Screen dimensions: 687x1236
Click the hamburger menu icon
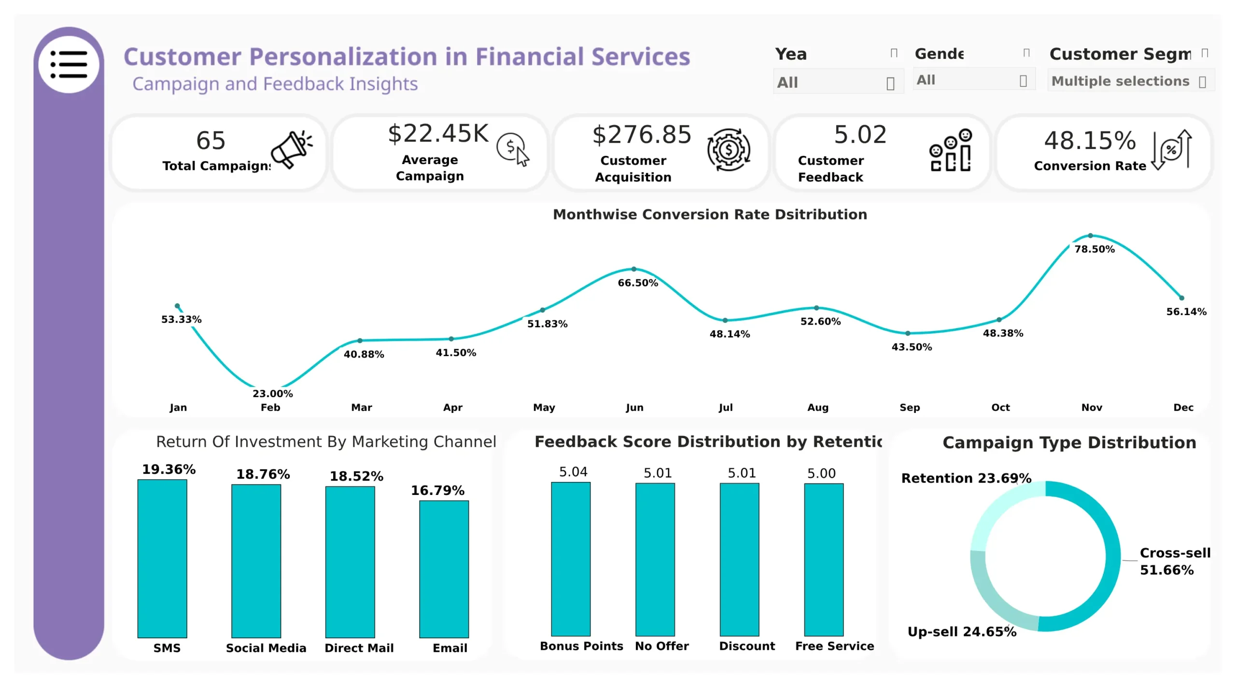click(69, 64)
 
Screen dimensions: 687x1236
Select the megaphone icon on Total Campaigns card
click(291, 149)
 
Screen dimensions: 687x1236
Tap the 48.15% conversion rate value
click(1090, 140)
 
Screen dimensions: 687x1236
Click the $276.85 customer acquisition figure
click(642, 135)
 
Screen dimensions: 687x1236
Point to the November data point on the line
click(1090, 236)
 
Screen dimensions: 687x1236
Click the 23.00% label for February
click(272, 393)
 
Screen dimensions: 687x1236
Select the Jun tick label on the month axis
click(634, 407)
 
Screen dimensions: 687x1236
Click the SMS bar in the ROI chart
click(162, 558)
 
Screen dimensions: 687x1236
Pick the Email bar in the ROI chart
click(444, 569)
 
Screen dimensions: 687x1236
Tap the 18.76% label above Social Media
click(263, 474)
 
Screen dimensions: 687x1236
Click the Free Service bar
click(824, 560)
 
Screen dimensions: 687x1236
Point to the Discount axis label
click(747, 646)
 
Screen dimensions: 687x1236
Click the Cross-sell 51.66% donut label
click(1175, 561)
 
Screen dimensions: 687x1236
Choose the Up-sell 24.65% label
click(962, 632)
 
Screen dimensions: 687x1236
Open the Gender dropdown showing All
click(972, 80)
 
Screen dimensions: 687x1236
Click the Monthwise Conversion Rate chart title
click(710, 214)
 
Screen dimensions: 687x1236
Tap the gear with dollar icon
click(729, 150)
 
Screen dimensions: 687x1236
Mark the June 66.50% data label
click(638, 283)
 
